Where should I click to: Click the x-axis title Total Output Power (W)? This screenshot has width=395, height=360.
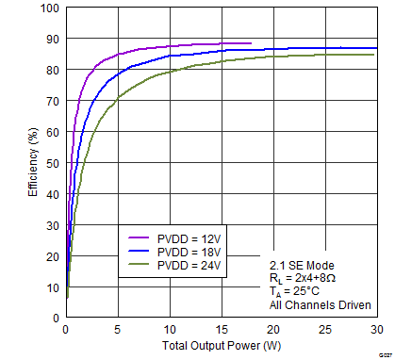[x=221, y=346]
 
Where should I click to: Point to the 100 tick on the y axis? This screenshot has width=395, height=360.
[x=48, y=8]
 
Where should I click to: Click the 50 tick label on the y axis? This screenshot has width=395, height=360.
[x=52, y=164]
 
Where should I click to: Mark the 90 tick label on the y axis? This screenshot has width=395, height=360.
[x=52, y=40]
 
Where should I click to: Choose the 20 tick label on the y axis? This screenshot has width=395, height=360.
[x=52, y=256]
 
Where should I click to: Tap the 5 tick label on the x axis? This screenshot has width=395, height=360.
[x=117, y=330]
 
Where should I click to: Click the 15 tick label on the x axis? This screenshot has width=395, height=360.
[x=221, y=330]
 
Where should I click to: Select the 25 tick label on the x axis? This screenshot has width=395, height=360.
[x=324, y=330]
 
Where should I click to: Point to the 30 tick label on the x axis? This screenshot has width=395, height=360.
[x=376, y=330]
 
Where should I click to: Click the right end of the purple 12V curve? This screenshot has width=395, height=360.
[x=251, y=43]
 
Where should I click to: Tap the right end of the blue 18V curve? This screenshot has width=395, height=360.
[x=376, y=48]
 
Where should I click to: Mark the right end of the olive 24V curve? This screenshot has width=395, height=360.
[x=374, y=55]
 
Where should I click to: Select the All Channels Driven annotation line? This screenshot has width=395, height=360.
[x=318, y=305]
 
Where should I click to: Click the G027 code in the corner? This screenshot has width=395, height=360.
[x=382, y=352]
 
